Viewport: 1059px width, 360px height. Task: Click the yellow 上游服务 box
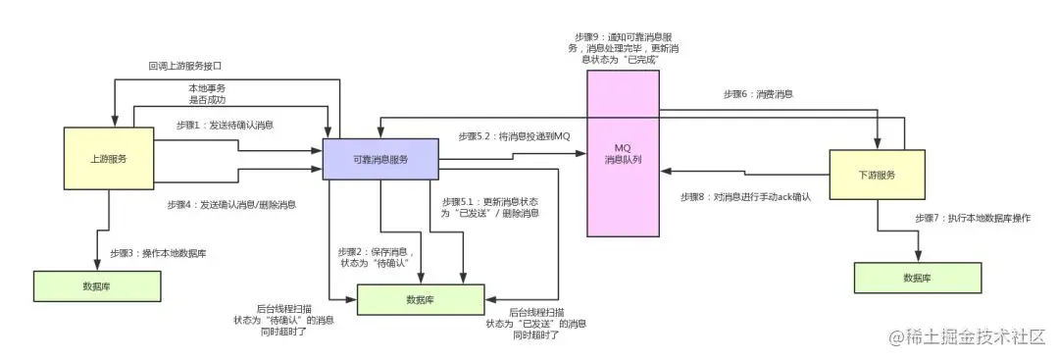tap(108, 158)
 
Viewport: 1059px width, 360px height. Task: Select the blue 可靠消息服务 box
tap(379, 160)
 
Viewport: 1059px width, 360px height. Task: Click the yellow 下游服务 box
tap(877, 175)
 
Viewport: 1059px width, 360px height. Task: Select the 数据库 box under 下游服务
tap(917, 279)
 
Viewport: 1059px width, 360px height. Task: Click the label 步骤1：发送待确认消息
tap(225, 125)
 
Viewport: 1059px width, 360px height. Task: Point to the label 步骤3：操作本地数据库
tap(157, 253)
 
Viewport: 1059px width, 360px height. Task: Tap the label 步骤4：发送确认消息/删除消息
tap(233, 205)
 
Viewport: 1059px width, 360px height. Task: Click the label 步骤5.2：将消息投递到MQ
tap(514, 135)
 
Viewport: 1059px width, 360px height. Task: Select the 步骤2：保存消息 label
tap(378, 257)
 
